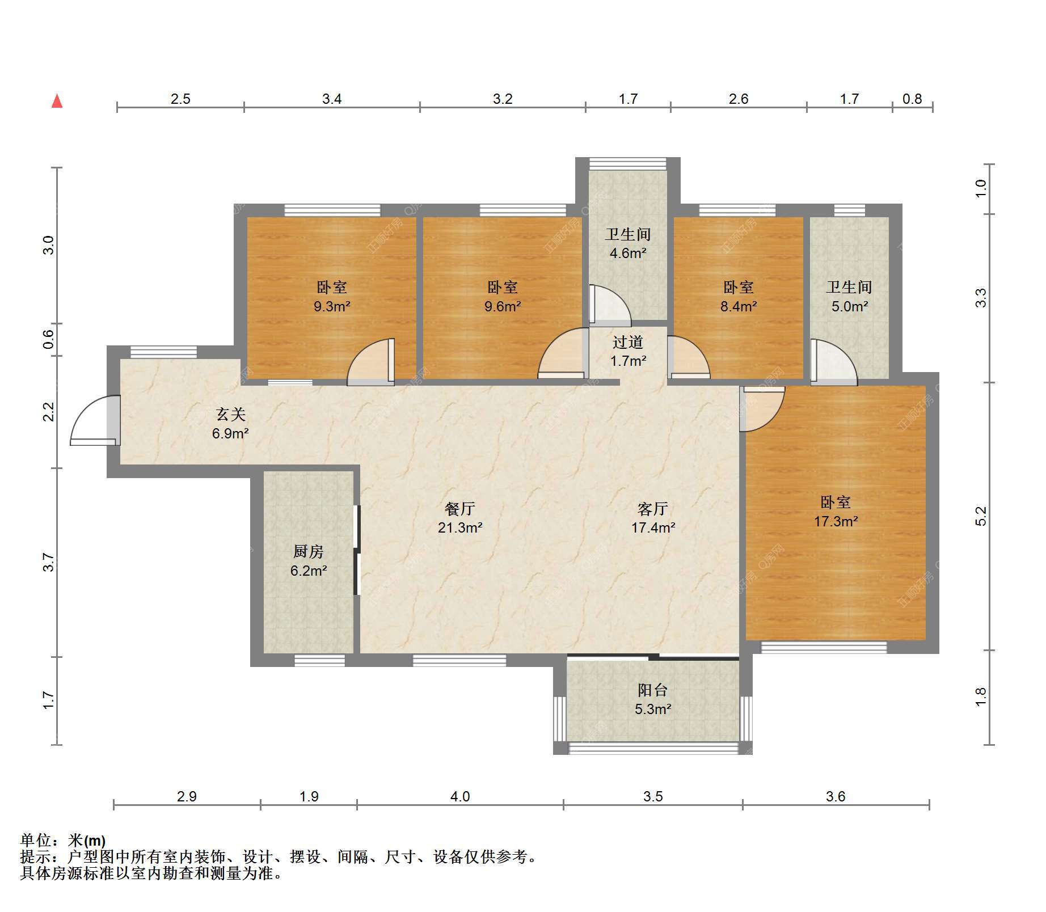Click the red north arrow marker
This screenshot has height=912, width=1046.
click(57, 102)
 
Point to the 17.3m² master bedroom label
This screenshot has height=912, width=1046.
click(836, 512)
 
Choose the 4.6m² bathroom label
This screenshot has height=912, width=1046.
click(628, 244)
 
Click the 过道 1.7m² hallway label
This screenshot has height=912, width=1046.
click(628, 352)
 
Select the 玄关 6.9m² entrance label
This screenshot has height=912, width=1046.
click(230, 424)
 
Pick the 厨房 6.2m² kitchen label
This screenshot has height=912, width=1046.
click(309, 561)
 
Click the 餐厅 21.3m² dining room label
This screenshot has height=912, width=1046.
click(460, 518)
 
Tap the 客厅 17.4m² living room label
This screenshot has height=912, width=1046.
click(653, 518)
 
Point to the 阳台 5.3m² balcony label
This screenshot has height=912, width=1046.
click(653, 699)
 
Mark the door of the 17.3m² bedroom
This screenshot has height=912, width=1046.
click(762, 409)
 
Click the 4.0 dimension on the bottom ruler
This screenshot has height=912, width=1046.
click(460, 797)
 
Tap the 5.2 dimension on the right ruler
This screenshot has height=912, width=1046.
click(981, 516)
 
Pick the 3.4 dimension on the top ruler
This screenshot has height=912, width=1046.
click(332, 99)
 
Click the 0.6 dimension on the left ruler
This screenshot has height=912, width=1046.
click(49, 339)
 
